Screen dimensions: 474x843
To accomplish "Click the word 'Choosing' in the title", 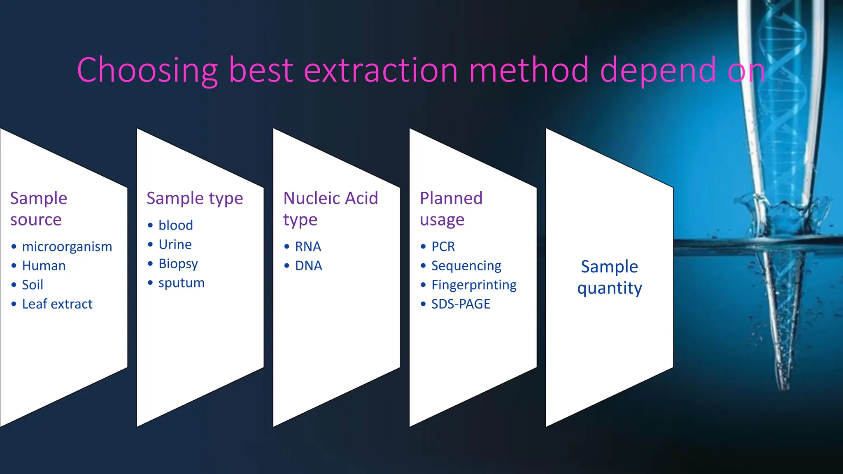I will click(147, 71).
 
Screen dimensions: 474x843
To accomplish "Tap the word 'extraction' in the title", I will click(380, 71).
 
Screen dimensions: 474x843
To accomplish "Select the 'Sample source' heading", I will click(38, 209).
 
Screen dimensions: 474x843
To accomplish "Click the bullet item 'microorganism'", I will click(67, 246).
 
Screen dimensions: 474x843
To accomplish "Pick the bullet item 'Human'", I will click(44, 266).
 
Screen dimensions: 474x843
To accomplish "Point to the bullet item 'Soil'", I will click(33, 285).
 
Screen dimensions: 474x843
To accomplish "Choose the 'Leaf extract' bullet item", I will click(57, 304).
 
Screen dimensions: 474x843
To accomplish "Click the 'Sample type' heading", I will click(195, 198).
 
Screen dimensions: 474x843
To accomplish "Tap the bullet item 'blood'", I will click(175, 225).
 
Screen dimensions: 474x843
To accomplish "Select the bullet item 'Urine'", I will click(175, 244).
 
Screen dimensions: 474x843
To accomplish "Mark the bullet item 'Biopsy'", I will click(178, 264).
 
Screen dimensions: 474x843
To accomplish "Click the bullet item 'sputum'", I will click(181, 283).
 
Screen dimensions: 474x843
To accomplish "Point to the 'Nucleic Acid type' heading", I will click(331, 209).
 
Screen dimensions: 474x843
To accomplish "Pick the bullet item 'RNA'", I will click(308, 246).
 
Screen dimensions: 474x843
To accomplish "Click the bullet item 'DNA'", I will click(308, 266).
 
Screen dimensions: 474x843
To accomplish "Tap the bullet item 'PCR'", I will click(443, 246).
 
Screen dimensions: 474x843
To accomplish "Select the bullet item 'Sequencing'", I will click(466, 266).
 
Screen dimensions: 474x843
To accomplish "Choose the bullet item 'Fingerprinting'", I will click(474, 285).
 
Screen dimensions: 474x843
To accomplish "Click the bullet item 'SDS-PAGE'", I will click(461, 304).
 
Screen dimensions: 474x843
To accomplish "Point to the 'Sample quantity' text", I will click(609, 277).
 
